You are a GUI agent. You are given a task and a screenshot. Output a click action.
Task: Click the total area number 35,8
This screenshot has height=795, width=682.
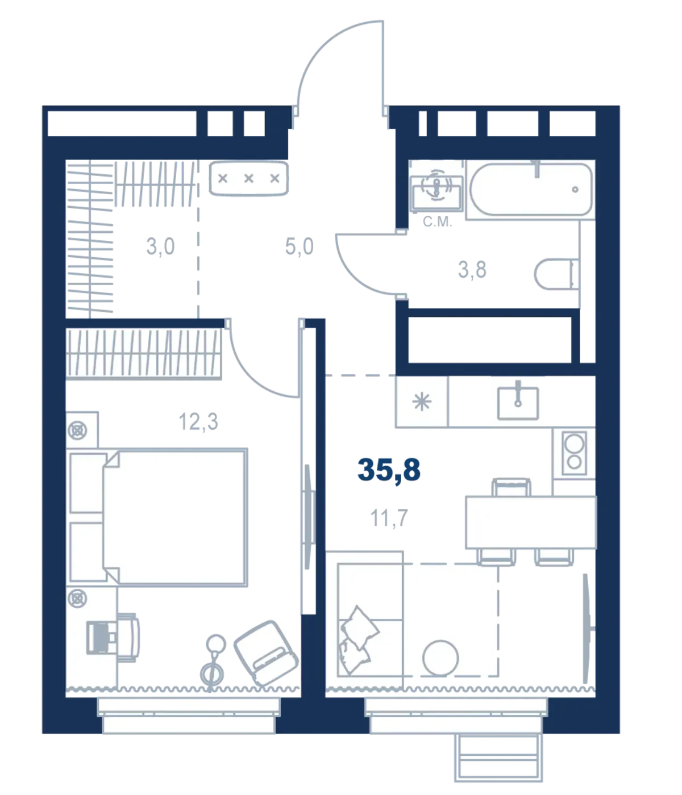[389, 470]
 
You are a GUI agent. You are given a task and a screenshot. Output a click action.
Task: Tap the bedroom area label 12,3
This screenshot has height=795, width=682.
[198, 421]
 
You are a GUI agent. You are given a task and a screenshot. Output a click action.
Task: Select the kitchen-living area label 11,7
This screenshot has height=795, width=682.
[389, 518]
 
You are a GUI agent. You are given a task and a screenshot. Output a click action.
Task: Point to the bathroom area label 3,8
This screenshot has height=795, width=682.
[472, 269]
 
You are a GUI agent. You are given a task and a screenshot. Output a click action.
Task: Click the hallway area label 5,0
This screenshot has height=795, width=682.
[299, 246]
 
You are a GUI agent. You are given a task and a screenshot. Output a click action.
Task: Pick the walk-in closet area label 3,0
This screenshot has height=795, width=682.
[160, 246]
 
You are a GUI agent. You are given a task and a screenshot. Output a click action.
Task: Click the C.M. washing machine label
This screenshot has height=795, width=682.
[437, 221]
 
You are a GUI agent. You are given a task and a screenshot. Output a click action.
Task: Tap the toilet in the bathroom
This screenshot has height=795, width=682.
[556, 274]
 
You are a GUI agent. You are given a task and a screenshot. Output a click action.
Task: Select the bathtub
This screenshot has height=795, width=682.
[531, 189]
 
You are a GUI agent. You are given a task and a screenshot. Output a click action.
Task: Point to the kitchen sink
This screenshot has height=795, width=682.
[518, 403]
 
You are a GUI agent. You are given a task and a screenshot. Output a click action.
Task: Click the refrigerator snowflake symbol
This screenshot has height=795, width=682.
[422, 401]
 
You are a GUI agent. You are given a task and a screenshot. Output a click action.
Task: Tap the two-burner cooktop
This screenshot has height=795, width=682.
[574, 453]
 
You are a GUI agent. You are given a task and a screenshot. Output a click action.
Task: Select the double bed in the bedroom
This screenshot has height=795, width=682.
[158, 517]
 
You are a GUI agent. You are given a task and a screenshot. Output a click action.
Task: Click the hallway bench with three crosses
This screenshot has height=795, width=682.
[248, 178]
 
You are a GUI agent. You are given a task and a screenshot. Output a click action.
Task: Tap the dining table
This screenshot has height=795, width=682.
[531, 522]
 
